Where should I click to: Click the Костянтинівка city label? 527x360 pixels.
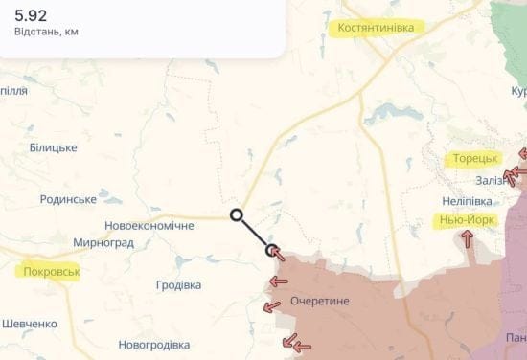click(376, 28)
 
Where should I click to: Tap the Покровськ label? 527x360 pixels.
click(48, 272)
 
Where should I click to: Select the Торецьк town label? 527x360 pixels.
click(474, 158)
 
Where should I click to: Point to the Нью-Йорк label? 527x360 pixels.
click(467, 220)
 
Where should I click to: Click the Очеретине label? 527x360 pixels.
click(320, 301)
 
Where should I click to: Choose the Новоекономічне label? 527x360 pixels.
click(149, 225)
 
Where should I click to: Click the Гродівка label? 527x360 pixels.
click(178, 285)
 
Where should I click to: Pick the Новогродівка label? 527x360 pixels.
click(154, 345)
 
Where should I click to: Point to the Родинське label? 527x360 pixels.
click(68, 199)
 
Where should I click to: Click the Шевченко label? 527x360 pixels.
click(30, 324)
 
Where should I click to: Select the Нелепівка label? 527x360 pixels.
click(467, 201)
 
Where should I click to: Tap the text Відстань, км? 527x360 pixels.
click(47, 32)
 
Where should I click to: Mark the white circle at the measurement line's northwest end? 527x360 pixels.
click(237, 214)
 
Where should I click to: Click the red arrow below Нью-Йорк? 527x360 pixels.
click(468, 238)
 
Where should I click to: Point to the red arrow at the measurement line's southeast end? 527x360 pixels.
click(276, 253)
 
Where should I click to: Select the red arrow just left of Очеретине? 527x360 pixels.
click(278, 281)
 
